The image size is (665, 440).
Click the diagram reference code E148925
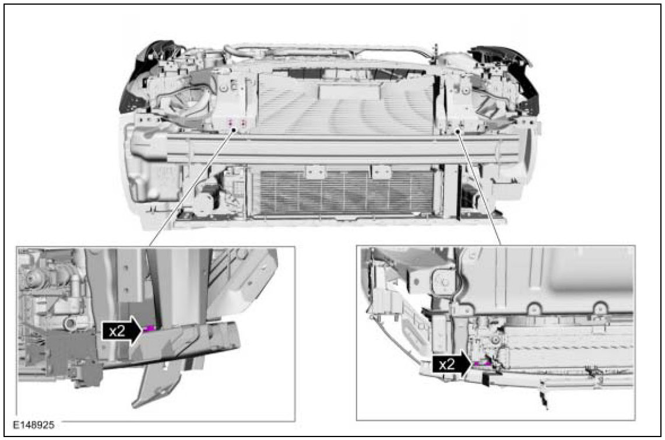pyautogui.click(x=33, y=425)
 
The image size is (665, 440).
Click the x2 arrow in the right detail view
pyautogui.click(x=452, y=364)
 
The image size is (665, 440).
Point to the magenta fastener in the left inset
pyautogui.click(x=149, y=329)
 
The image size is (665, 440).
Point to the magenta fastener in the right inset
pyautogui.click(x=482, y=364)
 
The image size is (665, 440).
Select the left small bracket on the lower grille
pyautogui.click(x=315, y=172)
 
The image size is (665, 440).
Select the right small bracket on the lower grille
pyautogui.click(x=381, y=172)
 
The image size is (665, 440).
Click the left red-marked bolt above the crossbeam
pyautogui.click(x=231, y=123)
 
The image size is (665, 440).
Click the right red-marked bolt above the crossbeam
pyautogui.click(x=244, y=123)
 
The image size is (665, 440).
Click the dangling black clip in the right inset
pyautogui.click(x=543, y=396)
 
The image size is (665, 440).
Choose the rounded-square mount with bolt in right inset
pyautogui.click(x=444, y=282)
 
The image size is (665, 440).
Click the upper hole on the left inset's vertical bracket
pyautogui.click(x=126, y=268)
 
